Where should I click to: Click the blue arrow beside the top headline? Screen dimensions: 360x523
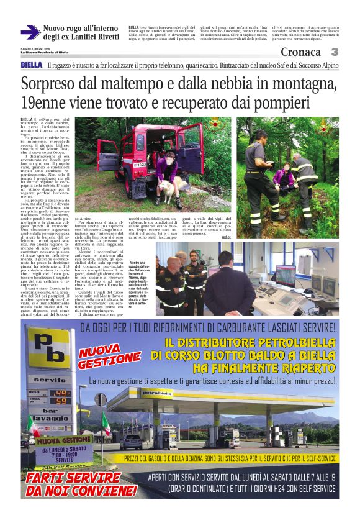point(30,32)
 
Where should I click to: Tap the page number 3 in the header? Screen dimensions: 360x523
point(334,52)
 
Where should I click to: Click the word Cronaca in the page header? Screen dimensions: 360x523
point(301,52)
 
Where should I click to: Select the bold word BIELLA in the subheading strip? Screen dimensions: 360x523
point(32,65)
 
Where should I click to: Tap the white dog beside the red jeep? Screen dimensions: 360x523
point(166,189)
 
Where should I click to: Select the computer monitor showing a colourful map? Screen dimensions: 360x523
point(282,272)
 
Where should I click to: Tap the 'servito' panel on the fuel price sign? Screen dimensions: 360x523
point(50,379)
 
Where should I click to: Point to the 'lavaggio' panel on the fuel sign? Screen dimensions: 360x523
point(49,419)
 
